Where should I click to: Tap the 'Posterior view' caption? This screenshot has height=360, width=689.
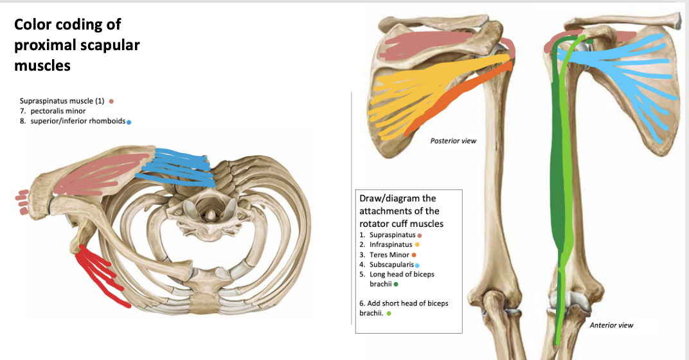click(453, 141)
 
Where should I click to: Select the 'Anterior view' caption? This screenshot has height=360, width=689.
click(611, 325)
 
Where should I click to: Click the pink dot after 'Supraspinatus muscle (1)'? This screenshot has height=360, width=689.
click(112, 100)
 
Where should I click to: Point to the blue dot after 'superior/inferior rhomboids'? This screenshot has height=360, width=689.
click(129, 122)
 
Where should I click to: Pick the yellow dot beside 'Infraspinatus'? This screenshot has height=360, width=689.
click(417, 245)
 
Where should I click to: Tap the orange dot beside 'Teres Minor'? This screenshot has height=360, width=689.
click(405, 255)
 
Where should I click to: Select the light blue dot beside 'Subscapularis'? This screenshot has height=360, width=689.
click(417, 264)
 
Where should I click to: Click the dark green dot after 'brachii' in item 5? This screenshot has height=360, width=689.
click(396, 283)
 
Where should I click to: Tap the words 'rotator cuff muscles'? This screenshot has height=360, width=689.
click(401, 224)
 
